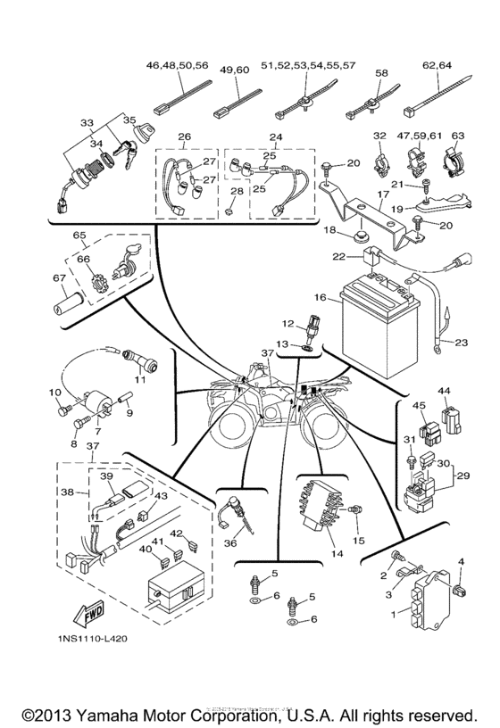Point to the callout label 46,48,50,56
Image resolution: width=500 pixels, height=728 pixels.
[177, 65]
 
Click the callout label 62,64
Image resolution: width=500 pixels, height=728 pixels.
[437, 65]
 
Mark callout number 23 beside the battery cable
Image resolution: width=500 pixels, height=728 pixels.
[462, 342]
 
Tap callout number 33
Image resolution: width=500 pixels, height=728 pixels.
[86, 122]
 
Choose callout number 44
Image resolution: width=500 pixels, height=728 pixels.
[445, 392]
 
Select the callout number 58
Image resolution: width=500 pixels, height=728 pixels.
[381, 72]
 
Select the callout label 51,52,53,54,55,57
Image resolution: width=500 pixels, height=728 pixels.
[308, 65]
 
